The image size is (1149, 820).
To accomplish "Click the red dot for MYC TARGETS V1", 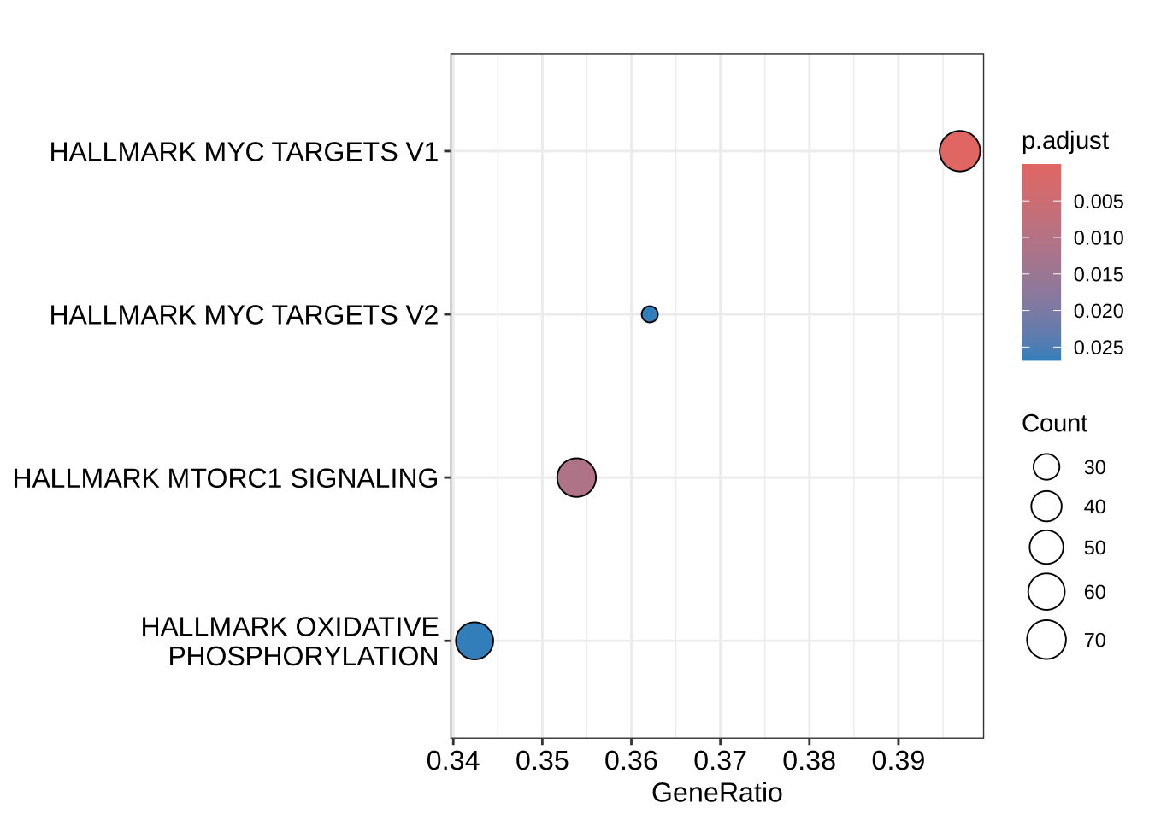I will (x=959, y=151).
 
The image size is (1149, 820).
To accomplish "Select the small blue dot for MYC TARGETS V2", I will (x=650, y=314).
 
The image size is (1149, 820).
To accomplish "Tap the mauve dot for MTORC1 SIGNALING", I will (x=576, y=477).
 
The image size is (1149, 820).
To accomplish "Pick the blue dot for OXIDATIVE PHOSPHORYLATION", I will (x=474, y=640).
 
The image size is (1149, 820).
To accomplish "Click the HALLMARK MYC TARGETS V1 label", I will (x=244, y=152).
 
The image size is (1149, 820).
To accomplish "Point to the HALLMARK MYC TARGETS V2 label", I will (x=244, y=315).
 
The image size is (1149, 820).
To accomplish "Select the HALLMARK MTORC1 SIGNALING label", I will (x=226, y=478).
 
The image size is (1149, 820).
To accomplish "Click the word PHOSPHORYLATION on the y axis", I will (x=303, y=656).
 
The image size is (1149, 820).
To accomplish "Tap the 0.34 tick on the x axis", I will (x=453, y=760).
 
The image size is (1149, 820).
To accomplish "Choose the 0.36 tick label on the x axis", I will (x=631, y=760).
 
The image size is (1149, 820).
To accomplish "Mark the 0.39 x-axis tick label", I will (x=898, y=760).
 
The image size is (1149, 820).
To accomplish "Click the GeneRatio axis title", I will (x=716, y=793).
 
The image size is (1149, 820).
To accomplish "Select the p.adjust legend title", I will (x=1064, y=141).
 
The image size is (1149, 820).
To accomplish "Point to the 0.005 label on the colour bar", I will (x=1099, y=202).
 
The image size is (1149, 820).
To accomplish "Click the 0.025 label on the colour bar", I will (x=1099, y=348).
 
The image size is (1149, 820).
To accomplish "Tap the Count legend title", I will (x=1054, y=424).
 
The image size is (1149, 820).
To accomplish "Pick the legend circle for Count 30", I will (x=1046, y=467).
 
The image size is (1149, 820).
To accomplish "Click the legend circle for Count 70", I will (x=1046, y=640).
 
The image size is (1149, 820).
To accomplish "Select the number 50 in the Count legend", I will (x=1094, y=548).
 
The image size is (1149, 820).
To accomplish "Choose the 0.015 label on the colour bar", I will (x=1099, y=275).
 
